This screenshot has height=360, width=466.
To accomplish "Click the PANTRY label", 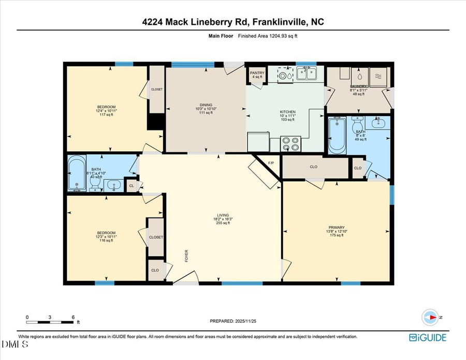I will pyautogui.click(x=257, y=73).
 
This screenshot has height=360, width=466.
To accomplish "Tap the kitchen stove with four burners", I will pyautogui.click(x=290, y=143).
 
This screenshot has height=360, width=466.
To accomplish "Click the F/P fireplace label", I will pyautogui.click(x=271, y=164).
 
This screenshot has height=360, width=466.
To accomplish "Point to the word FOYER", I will pyautogui.click(x=186, y=255).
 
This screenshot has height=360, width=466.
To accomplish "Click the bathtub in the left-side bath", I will pyautogui.click(x=77, y=174).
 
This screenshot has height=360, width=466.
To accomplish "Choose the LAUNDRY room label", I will pyautogui.click(x=358, y=87).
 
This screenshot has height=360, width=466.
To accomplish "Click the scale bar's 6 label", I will pyautogui.click(x=73, y=317).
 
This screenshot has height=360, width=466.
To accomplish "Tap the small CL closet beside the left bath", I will pyautogui.click(x=132, y=185).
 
